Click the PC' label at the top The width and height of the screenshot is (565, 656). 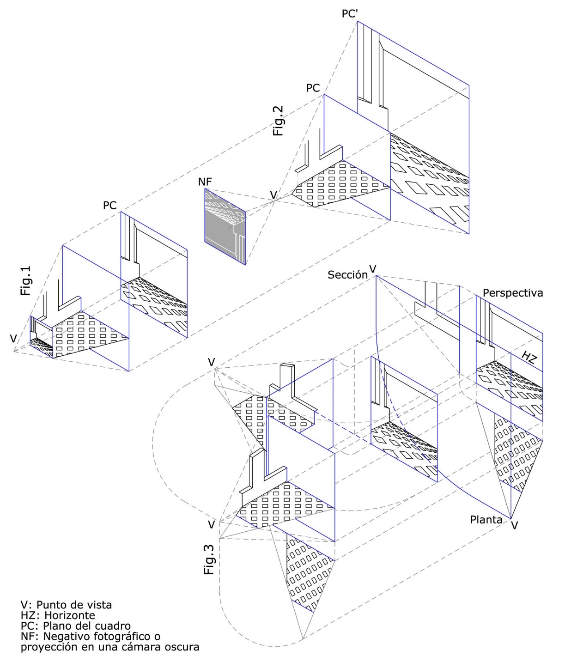tap(350, 13)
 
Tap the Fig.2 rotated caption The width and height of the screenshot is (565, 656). tap(278, 121)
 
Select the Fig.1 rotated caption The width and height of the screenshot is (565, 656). tap(26, 280)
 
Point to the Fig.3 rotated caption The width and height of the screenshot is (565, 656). tap(209, 559)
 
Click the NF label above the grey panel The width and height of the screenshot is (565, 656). tap(205, 182)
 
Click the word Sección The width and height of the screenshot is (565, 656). tap(347, 275)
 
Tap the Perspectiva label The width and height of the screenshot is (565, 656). tap(513, 293)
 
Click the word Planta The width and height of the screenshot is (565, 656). tap(486, 520)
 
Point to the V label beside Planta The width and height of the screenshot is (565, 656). tap(514, 525)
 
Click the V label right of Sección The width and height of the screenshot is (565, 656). tap(373, 269)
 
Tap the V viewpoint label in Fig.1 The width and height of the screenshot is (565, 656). tap(13, 339)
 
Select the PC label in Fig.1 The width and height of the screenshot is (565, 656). tap(109, 205)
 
